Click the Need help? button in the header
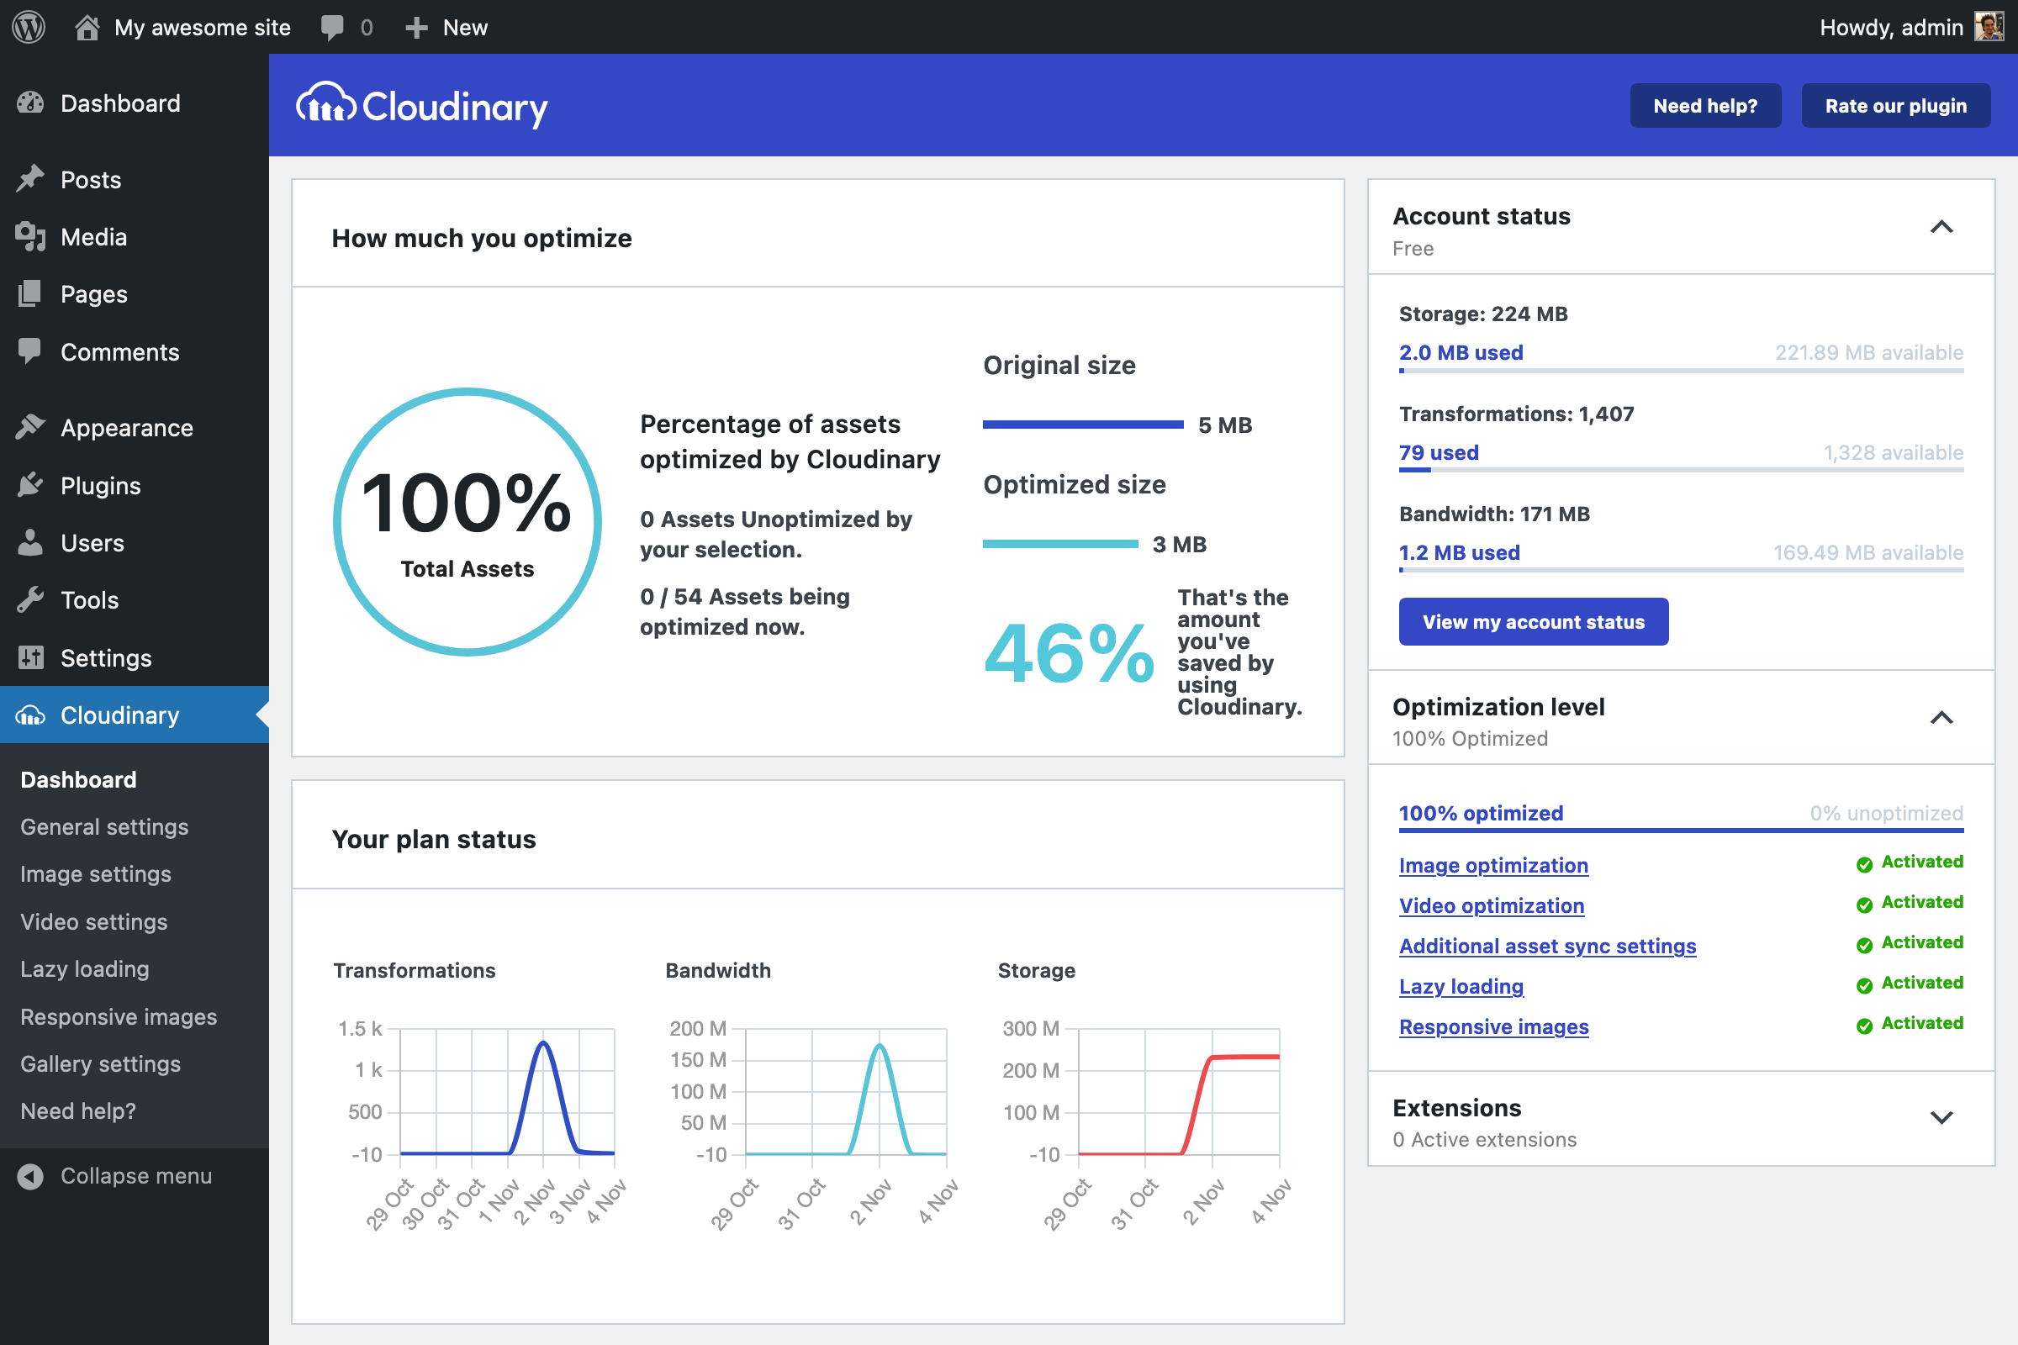click(x=1704, y=106)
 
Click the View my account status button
click(x=1532, y=622)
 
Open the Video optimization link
click(x=1491, y=906)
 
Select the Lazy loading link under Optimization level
click(x=1461, y=986)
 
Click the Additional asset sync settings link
click(x=1547, y=947)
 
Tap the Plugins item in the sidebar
click(x=99, y=486)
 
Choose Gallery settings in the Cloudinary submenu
click(x=99, y=1063)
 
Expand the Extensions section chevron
click(x=1941, y=1117)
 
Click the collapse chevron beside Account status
click(x=1941, y=227)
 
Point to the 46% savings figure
click(x=1068, y=654)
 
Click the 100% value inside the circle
click(x=466, y=504)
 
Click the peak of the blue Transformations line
click(x=543, y=1044)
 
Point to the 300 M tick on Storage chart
click(x=1031, y=1028)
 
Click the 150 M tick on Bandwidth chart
click(x=698, y=1060)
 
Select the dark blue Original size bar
click(x=1083, y=425)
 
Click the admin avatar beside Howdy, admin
click(x=1989, y=27)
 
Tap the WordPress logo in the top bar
click(x=29, y=27)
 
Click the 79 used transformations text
click(x=1438, y=453)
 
